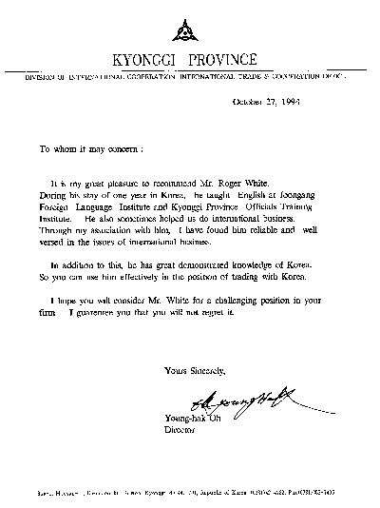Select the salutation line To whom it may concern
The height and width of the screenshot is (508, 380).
coord(91,149)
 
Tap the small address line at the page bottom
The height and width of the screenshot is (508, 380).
coord(190,495)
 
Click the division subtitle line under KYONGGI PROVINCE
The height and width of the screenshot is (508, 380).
coord(190,76)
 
